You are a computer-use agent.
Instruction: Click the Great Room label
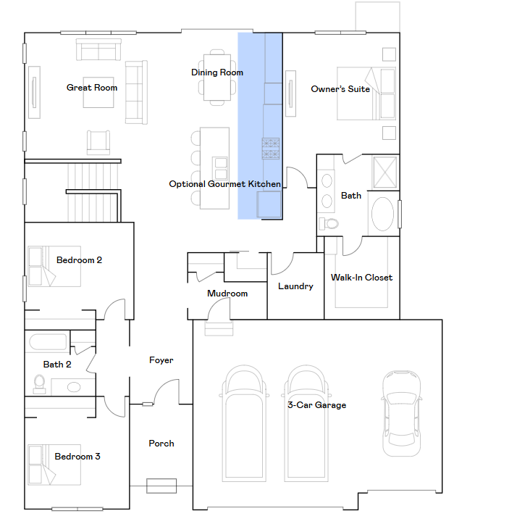tap(92, 88)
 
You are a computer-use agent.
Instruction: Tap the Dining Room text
tap(217, 72)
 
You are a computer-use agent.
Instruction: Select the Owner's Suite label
tap(340, 89)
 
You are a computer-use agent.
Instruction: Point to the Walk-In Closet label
tap(362, 278)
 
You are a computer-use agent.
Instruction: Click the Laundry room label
tap(295, 286)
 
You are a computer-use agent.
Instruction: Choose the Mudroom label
tap(227, 293)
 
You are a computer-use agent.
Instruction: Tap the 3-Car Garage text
tap(317, 404)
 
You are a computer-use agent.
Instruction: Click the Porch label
tap(161, 444)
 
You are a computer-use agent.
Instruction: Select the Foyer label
tap(161, 360)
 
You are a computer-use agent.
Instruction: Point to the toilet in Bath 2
tap(40, 384)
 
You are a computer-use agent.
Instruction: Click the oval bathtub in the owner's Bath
tap(383, 214)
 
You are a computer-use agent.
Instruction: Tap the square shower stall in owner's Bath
tap(385, 172)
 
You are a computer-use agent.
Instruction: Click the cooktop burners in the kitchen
tap(271, 149)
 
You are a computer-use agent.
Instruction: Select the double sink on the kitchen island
tap(220, 168)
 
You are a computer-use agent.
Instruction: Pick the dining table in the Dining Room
tap(217, 78)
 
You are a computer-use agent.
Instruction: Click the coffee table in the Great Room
tap(98, 93)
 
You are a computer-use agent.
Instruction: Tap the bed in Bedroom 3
tap(54, 465)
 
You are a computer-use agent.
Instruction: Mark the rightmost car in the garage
tap(402, 413)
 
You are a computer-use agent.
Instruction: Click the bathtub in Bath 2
tap(48, 342)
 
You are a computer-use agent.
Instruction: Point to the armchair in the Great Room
tap(98, 143)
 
